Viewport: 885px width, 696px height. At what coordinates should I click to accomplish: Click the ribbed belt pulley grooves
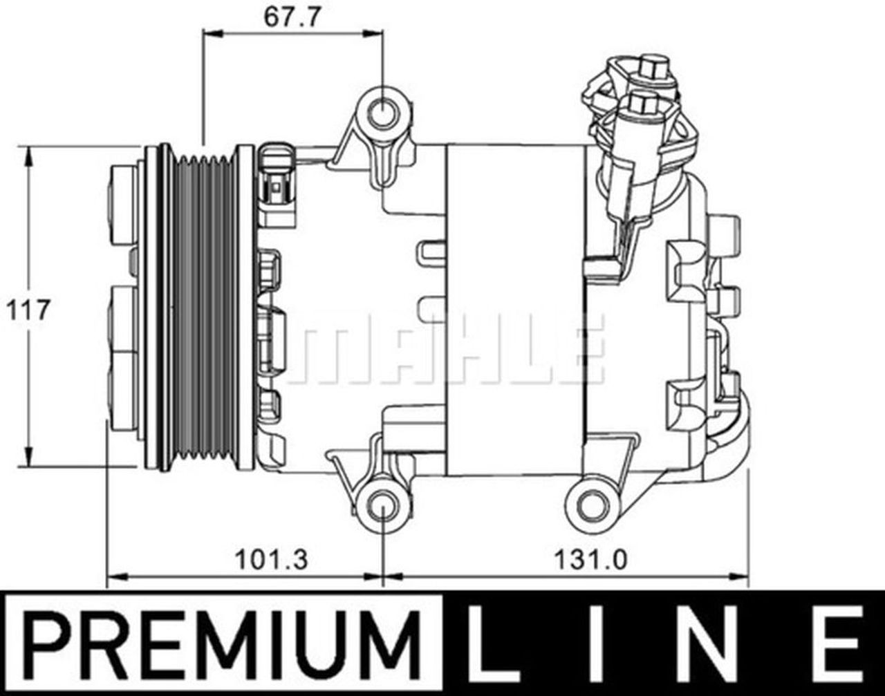[203, 308]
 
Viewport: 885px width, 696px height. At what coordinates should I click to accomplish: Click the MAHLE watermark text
[446, 349]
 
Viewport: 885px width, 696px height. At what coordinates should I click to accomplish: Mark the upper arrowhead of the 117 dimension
[28, 156]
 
